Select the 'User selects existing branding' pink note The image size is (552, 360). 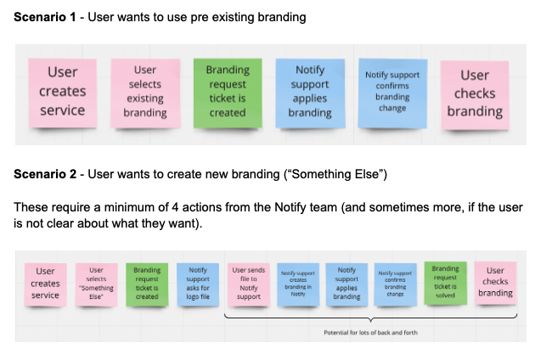point(144,92)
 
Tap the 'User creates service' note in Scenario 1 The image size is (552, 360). point(62,92)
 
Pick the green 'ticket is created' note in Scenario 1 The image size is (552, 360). point(228,92)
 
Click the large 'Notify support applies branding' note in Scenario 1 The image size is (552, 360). point(309,91)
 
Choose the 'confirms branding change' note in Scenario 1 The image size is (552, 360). point(391,92)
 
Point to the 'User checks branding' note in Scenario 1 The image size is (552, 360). point(475,93)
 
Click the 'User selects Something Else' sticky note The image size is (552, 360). point(96,283)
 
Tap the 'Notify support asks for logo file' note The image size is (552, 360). point(197,283)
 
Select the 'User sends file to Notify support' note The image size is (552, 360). point(248,283)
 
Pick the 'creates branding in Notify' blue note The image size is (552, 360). point(297,283)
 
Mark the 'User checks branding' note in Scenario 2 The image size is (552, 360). point(494,282)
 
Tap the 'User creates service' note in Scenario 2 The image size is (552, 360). point(45,283)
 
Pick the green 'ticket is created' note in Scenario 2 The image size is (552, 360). point(147,283)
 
